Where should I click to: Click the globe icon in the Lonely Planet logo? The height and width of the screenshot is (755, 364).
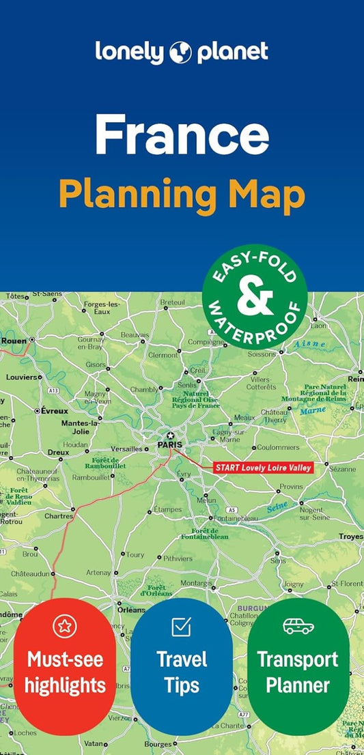point(181,51)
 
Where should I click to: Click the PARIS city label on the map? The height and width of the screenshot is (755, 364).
point(171,444)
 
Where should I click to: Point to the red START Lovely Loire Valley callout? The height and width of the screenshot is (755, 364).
point(263,468)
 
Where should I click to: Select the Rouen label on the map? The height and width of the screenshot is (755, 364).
point(14,340)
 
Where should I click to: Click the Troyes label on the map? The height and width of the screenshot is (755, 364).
point(351,537)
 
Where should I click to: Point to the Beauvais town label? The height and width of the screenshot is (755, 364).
point(135,334)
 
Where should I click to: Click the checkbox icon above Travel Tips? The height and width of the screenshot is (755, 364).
point(181,625)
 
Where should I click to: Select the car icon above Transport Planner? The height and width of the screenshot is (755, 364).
point(298,625)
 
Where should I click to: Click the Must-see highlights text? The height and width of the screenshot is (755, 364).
point(65,672)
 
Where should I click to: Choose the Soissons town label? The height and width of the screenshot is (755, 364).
point(262,354)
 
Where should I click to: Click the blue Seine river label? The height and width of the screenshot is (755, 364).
point(276,508)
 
